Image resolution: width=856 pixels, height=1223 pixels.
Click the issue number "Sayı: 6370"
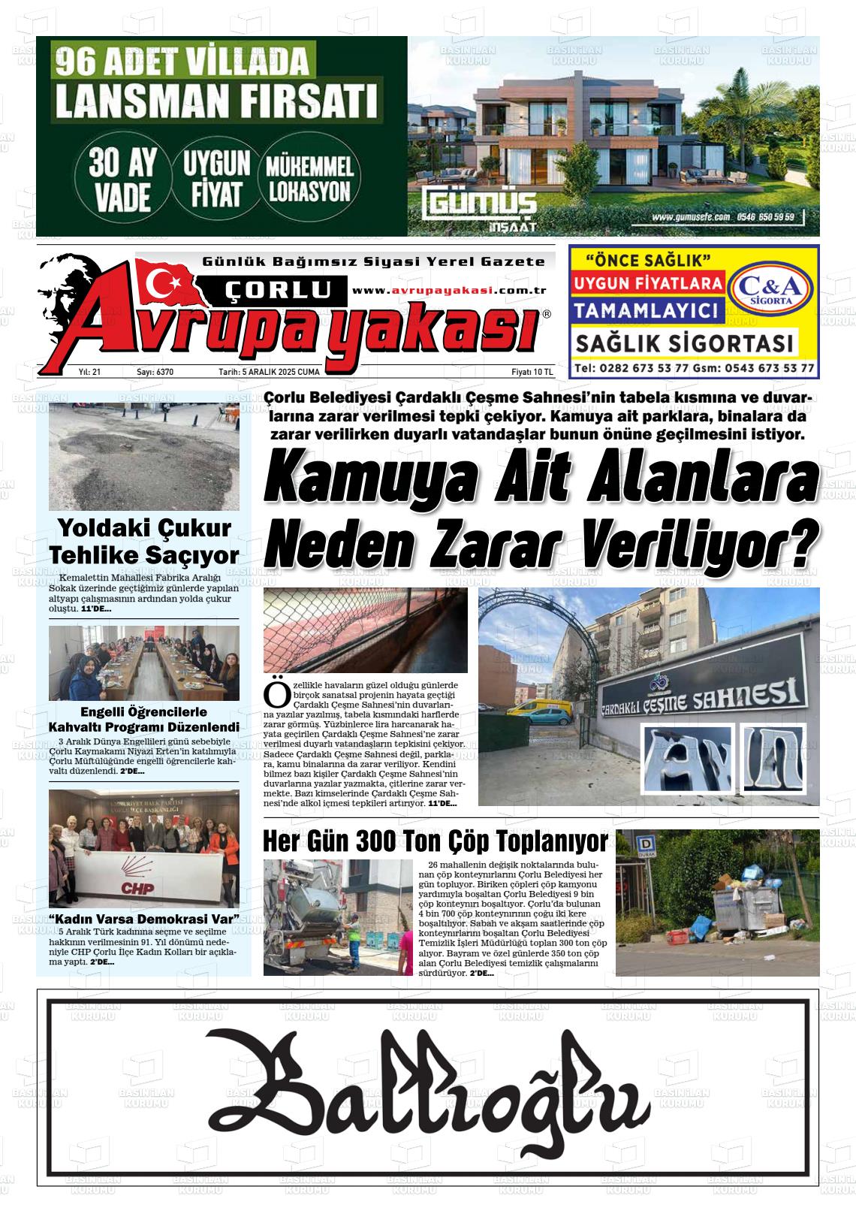155,372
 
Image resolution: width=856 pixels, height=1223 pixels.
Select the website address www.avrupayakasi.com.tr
448,291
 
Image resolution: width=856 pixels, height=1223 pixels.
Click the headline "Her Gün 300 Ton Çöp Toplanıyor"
436,841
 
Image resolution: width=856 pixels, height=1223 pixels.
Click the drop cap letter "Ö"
276,695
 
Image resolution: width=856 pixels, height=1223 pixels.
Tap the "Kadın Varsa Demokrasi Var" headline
143,920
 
